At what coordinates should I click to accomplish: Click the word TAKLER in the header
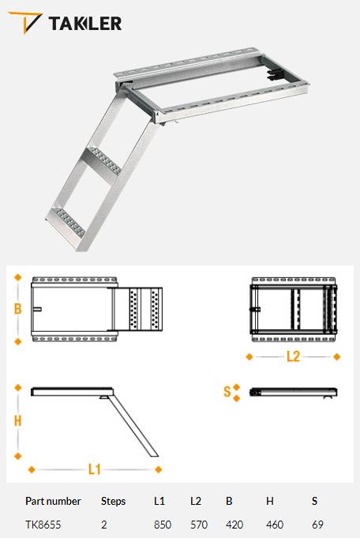85,24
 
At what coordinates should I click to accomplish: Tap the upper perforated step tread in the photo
104,160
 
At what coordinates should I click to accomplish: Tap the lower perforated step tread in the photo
67,221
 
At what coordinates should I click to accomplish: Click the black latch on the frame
276,73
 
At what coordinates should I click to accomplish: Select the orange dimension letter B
18,309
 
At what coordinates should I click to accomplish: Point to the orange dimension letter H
18,420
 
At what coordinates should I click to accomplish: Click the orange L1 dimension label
94,469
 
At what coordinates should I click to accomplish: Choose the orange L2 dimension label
293,356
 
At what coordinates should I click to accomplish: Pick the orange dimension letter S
227,392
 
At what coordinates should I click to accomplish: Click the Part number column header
53,502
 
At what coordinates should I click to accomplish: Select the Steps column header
113,502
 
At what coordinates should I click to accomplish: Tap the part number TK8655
43,525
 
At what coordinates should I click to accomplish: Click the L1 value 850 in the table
163,525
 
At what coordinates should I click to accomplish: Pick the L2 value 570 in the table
199,525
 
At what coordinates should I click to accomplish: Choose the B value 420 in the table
234,525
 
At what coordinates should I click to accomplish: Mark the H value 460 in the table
275,525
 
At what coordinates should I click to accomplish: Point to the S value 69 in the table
317,525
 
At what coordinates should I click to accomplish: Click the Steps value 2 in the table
104,525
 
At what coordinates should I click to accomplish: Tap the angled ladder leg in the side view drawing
134,427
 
